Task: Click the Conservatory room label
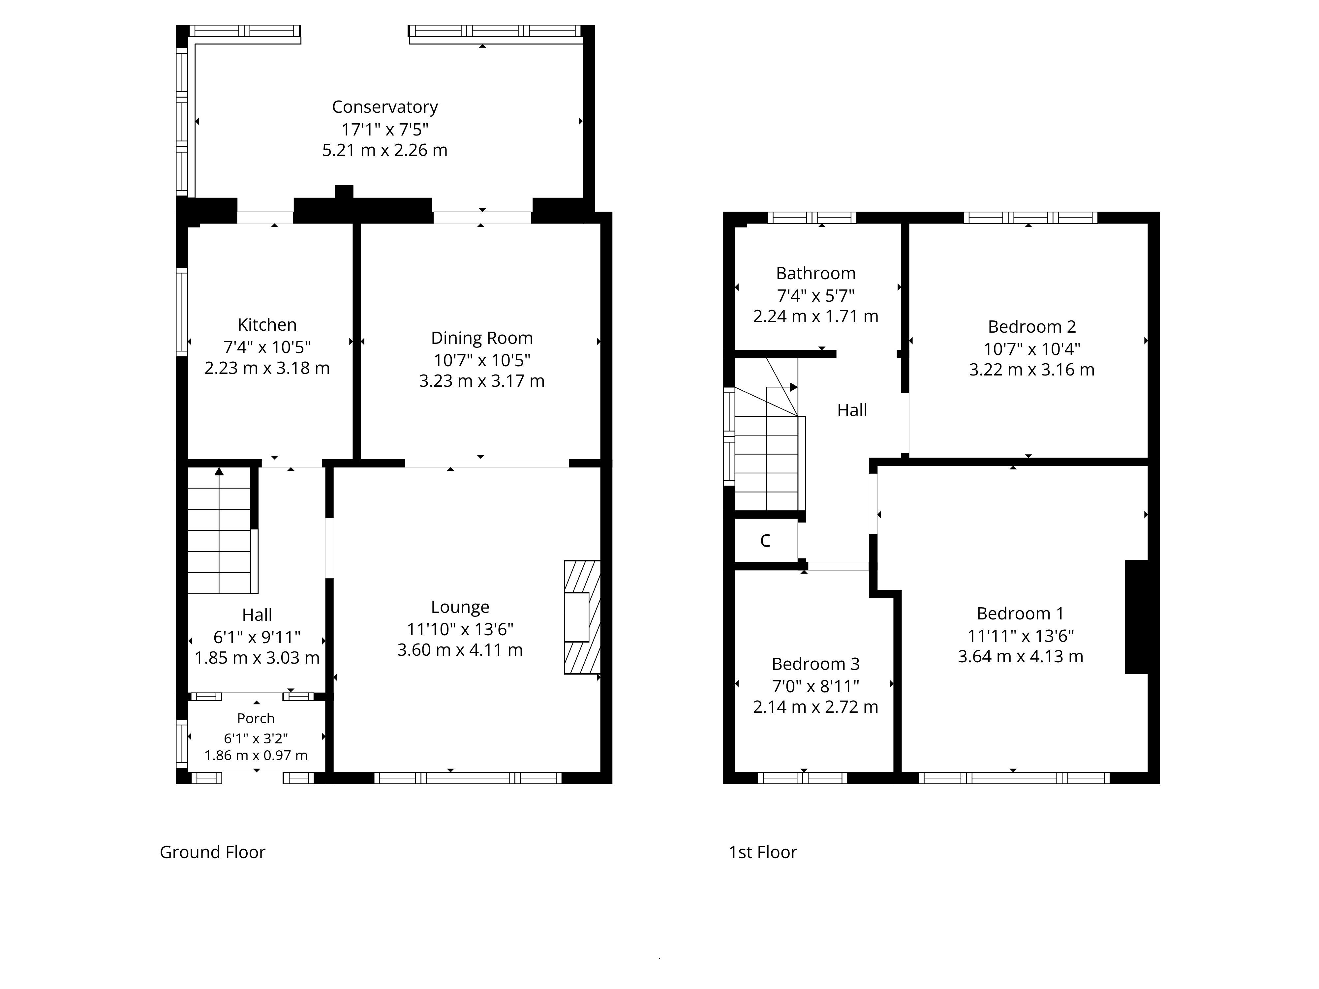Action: pyautogui.click(x=384, y=107)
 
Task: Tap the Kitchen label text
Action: pyautogui.click(x=267, y=325)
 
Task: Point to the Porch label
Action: pyautogui.click(x=256, y=718)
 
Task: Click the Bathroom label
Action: pyautogui.click(x=816, y=274)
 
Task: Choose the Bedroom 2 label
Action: pyautogui.click(x=1031, y=327)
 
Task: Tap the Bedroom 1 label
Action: pyautogui.click(x=1020, y=614)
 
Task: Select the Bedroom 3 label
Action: pyautogui.click(x=816, y=664)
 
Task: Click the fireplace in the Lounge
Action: pyautogui.click(x=582, y=617)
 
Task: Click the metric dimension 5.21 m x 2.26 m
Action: pyautogui.click(x=384, y=150)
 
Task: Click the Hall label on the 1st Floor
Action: pyautogui.click(x=852, y=410)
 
